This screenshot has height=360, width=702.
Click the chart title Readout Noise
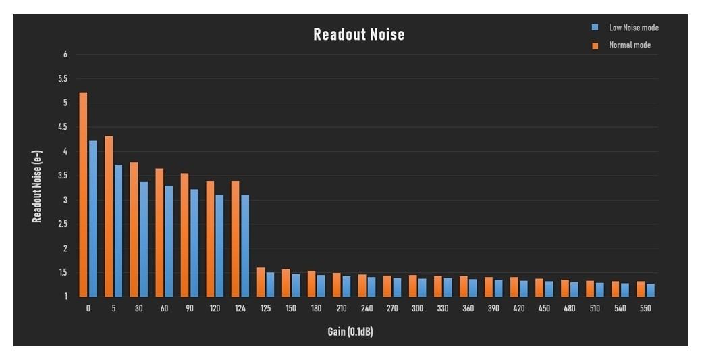click(x=359, y=35)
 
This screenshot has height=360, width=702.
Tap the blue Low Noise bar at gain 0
click(x=93, y=219)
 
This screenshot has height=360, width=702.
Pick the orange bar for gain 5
click(x=109, y=216)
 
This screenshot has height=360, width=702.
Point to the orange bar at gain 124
click(x=236, y=239)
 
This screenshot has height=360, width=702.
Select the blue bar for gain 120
click(x=220, y=246)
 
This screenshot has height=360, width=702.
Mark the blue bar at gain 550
click(x=651, y=290)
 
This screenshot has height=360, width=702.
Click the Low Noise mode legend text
click(x=633, y=28)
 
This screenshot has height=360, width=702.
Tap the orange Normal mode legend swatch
click(x=595, y=46)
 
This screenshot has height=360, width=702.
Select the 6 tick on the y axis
click(x=65, y=55)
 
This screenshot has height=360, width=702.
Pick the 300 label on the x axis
click(x=417, y=309)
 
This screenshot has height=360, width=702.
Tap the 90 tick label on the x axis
click(x=189, y=309)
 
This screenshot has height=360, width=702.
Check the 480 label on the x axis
click(x=569, y=309)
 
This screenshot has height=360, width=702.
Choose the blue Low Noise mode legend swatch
click(x=595, y=28)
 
